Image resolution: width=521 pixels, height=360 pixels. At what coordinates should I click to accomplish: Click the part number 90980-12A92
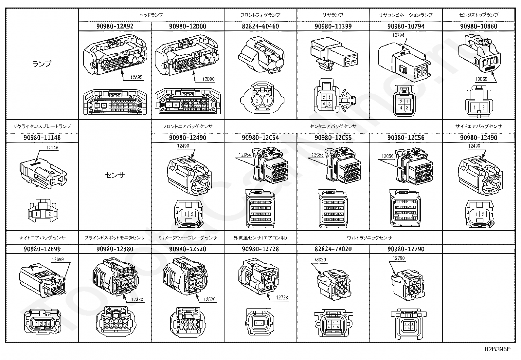tap(115, 26)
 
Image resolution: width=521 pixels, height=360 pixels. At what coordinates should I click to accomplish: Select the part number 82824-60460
tap(260, 26)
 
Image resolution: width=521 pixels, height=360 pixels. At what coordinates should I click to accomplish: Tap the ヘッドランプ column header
tap(151, 15)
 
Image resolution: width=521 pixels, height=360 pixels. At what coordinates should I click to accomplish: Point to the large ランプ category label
tap(42, 64)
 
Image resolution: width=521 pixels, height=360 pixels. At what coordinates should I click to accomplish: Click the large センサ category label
tap(115, 175)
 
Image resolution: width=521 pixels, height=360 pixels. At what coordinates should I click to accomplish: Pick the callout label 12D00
tap(208, 79)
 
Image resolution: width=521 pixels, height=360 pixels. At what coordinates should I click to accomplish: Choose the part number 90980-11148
tap(42, 138)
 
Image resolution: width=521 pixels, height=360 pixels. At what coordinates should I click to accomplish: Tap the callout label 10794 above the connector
tap(398, 35)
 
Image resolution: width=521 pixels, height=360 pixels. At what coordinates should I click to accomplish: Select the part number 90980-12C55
tap(333, 138)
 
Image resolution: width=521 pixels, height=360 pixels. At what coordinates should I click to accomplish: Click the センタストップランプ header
tap(478, 15)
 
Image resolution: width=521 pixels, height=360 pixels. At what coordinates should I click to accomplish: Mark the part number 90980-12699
tap(42, 249)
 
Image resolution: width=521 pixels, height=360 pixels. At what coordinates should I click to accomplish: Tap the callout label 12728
tap(282, 297)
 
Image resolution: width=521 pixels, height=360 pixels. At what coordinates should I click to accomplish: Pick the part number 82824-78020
tap(333, 249)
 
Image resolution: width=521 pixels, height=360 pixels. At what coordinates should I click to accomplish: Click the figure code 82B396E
tap(497, 349)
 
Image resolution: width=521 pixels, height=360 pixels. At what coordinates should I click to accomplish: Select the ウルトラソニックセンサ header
tap(369, 237)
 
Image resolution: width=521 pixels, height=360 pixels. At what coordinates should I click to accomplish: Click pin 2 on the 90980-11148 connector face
tap(49, 214)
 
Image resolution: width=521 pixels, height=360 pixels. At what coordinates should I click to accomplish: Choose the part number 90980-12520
tap(188, 249)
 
